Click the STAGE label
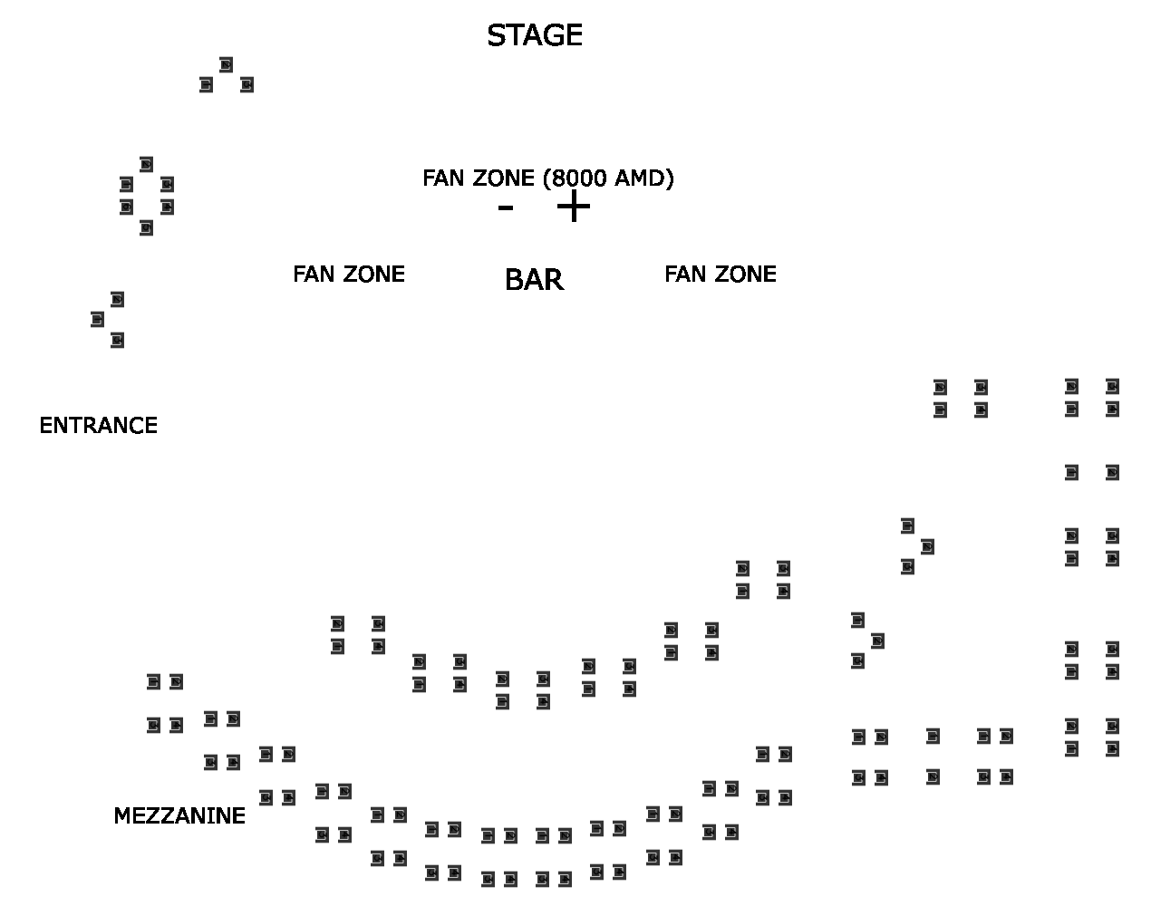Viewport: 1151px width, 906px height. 534,36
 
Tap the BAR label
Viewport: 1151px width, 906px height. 534,281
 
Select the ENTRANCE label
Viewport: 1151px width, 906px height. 98,426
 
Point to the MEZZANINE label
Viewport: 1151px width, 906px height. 179,816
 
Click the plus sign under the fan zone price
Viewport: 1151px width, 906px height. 573,207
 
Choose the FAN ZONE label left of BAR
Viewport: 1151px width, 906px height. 349,275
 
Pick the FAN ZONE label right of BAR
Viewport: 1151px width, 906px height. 721,275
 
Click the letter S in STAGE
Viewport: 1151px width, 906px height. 495,36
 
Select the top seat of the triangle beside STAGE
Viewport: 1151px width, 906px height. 226,65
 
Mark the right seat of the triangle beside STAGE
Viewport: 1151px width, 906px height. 247,85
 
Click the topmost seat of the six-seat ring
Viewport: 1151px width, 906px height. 146,164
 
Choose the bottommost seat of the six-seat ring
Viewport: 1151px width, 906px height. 146,227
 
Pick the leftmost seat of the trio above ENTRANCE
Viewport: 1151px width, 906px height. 97,319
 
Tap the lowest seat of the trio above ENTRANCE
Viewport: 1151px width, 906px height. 117,340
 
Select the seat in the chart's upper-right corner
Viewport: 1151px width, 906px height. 1112,387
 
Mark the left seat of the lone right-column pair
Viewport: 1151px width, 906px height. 1071,472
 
